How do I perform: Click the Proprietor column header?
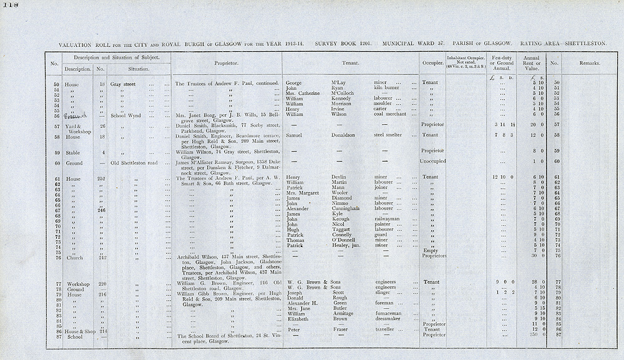pyautogui.click(x=227, y=64)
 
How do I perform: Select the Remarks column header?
pyautogui.click(x=588, y=64)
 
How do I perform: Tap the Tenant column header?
pyautogui.click(x=349, y=64)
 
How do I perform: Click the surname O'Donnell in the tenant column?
pyautogui.click(x=346, y=241)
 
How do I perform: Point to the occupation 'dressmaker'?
pyautogui.click(x=390, y=319)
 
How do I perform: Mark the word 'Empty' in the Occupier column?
pyautogui.click(x=431, y=251)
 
